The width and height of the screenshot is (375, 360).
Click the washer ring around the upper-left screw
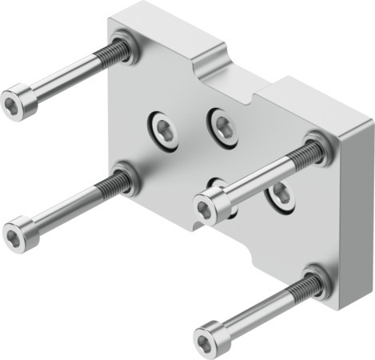(x=126, y=46)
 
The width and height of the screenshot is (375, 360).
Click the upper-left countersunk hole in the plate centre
(x=163, y=129)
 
